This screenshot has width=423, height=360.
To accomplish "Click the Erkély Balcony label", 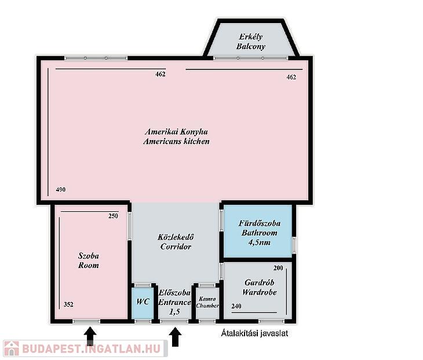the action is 251,42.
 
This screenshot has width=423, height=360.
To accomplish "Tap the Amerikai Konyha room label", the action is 176,132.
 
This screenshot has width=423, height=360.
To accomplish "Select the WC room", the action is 143,302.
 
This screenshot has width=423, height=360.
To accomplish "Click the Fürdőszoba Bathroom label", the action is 259,228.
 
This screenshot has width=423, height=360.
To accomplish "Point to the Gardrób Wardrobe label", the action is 259,287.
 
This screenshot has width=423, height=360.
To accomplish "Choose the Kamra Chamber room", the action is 207,302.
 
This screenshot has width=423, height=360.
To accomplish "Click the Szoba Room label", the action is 89,260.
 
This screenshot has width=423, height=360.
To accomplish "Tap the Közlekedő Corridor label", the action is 176,242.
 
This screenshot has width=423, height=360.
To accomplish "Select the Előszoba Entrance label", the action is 174,297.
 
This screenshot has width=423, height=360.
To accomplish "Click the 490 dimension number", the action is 61,190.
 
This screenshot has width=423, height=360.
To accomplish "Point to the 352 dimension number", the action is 68,304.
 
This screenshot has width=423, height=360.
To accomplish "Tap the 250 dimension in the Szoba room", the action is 114,216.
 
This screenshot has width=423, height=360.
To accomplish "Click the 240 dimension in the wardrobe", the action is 236,306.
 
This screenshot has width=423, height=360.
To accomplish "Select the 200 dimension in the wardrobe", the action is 278,268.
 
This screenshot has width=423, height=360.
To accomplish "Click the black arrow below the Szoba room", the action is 90,336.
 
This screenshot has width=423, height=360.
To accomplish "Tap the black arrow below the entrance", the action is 176,336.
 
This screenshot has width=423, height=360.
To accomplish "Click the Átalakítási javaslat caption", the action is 254,333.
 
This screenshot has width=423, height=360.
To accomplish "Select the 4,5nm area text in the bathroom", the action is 259,243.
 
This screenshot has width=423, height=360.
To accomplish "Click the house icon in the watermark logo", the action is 12,348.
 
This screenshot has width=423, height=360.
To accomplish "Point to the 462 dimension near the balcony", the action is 291,78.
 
